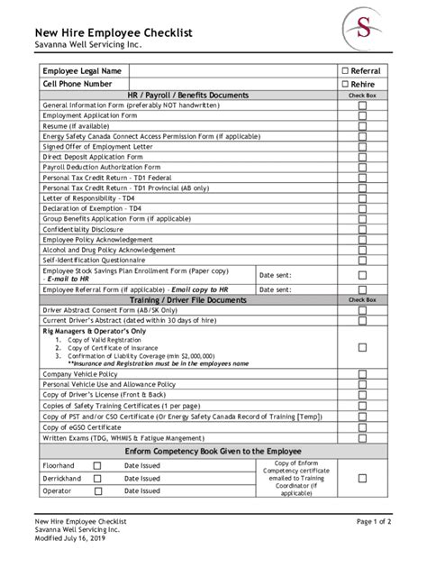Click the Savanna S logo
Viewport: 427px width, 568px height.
click(x=364, y=29)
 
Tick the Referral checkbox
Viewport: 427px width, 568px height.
click(x=345, y=70)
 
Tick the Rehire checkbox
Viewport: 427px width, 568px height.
click(x=345, y=84)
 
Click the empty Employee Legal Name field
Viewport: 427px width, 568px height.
click(x=232, y=70)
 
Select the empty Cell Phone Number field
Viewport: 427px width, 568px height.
click(x=232, y=84)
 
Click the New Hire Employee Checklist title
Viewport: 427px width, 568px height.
click(x=114, y=32)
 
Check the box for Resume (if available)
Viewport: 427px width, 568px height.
click(x=362, y=126)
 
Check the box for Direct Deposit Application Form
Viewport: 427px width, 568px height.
click(x=362, y=156)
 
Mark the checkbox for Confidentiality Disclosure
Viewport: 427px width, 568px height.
click(x=362, y=229)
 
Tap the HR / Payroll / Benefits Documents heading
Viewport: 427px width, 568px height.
click(x=188, y=96)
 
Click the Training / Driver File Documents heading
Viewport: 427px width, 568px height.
click(x=187, y=299)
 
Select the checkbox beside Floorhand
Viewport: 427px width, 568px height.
click(x=98, y=465)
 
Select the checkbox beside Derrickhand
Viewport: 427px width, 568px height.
click(x=98, y=478)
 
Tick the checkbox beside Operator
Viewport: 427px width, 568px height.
click(x=98, y=490)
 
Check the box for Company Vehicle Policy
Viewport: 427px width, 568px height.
click(x=362, y=374)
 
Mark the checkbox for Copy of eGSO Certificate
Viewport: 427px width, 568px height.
click(x=362, y=427)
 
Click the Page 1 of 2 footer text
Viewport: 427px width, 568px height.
click(x=373, y=521)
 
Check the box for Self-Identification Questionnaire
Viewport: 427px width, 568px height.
click(x=362, y=260)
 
